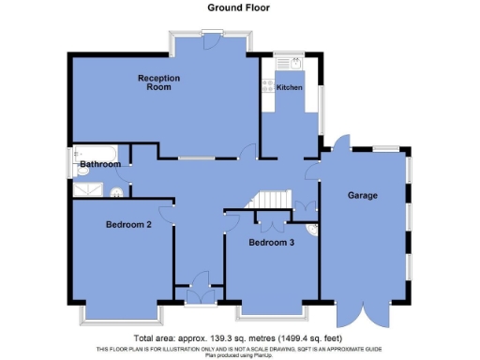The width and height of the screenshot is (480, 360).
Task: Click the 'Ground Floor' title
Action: [x=240, y=7]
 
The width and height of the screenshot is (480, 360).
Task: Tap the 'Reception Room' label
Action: [x=158, y=82]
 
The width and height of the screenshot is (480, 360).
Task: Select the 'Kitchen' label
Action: [x=289, y=87]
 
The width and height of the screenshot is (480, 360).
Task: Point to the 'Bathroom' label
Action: [x=99, y=165]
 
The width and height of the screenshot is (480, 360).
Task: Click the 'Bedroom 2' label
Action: [x=128, y=225]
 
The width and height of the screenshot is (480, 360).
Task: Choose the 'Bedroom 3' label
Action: [x=271, y=243]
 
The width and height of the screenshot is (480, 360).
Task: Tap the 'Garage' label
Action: [x=362, y=196]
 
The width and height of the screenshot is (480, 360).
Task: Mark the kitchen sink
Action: [x=292, y=64]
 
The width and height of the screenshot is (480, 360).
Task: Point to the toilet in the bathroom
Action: [x=117, y=193]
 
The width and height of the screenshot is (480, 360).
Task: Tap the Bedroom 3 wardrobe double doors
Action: [x=271, y=223]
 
